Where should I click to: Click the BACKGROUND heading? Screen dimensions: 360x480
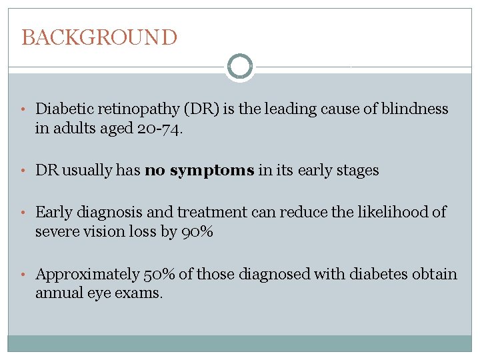99,37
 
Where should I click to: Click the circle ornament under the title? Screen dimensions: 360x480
239,67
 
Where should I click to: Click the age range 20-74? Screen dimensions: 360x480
158,128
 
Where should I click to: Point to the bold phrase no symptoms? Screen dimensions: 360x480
199,171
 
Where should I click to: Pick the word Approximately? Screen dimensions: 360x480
87,274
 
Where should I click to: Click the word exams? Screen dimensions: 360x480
140,293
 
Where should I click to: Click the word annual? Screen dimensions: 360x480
57,293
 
